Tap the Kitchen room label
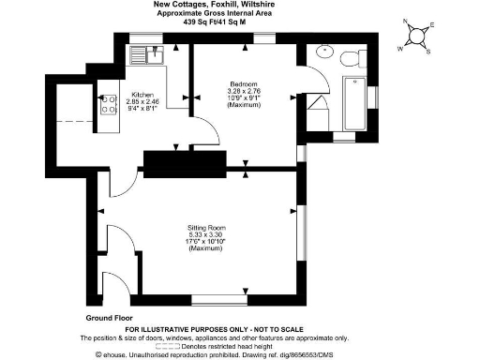142,95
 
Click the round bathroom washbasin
326,52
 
